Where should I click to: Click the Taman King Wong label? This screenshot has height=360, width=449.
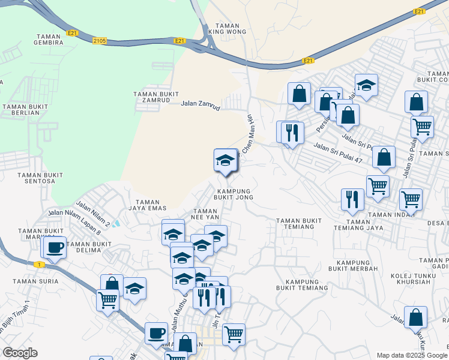pos(228,28)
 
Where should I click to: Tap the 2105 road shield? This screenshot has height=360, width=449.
pos(100,41)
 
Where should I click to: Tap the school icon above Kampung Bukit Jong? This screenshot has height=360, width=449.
pos(225,160)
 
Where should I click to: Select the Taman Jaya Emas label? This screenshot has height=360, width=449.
pos(148,205)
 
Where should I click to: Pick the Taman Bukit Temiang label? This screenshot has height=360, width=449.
pos(299,224)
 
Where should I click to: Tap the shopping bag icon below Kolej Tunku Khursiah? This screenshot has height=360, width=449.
pos(415,318)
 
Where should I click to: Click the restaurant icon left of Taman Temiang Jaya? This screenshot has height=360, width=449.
pos(352,199)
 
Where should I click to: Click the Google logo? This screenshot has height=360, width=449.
pos(20,353)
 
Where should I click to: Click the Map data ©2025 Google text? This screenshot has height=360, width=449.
pos(411,355)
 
